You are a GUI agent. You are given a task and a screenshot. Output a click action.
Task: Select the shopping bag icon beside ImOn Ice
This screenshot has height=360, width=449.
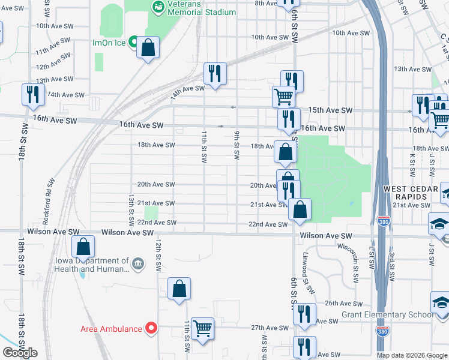click(148, 47)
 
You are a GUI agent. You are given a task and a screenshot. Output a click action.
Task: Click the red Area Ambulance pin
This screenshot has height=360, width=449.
click(151, 328)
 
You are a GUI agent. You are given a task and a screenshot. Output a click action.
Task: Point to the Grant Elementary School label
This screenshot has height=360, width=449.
click(387, 314)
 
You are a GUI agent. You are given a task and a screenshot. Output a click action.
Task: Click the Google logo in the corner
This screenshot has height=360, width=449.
click(20, 353)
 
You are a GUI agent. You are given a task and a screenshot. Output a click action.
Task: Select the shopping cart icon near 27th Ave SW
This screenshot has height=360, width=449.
click(203, 329)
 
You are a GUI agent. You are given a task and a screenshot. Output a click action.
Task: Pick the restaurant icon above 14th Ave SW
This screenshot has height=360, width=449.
click(214, 74)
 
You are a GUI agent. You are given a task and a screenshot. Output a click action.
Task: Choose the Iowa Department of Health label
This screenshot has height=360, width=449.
click(92, 265)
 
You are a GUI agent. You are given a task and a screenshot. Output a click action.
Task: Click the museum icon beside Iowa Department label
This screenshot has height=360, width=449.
click(138, 264)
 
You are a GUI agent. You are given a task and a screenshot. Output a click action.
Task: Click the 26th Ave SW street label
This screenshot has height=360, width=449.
click(343, 304)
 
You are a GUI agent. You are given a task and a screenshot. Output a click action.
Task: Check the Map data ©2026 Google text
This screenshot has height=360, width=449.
click(411, 355)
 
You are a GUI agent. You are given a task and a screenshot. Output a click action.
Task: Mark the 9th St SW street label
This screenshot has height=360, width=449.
click(237, 146)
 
